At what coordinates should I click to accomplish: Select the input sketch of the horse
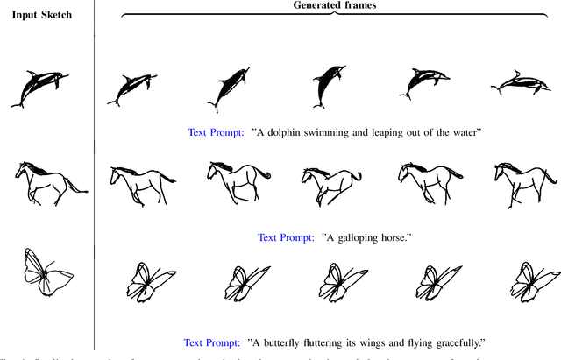pyautogui.click(x=48, y=181)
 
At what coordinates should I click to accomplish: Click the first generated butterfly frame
pyautogui.click(x=140, y=282)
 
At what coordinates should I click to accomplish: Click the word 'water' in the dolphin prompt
pyautogui.click(x=460, y=133)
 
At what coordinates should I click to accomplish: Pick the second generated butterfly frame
pyautogui.click(x=236, y=282)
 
